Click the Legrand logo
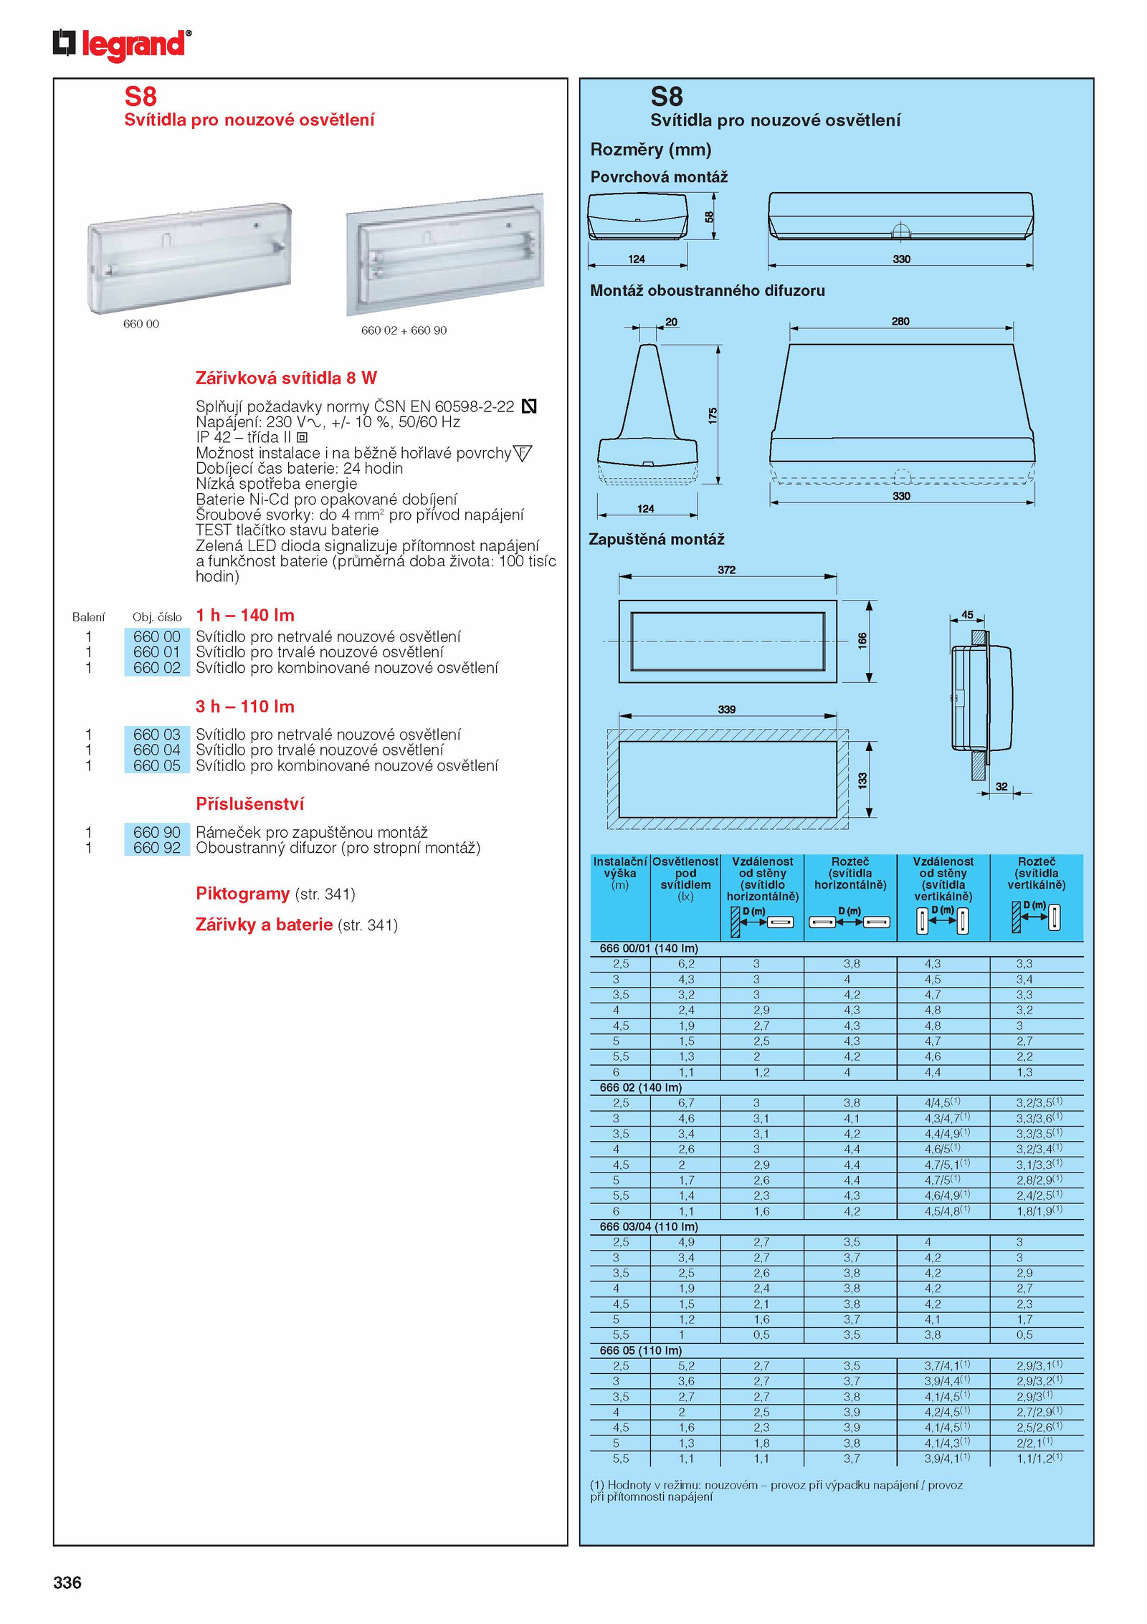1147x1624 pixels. click(x=122, y=44)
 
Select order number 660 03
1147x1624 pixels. click(x=156, y=735)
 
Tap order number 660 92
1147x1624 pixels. click(x=156, y=848)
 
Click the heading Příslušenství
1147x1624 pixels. click(x=249, y=804)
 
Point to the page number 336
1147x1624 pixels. click(x=67, y=1582)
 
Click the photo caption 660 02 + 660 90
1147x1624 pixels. click(x=404, y=330)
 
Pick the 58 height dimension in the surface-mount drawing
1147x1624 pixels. click(x=709, y=216)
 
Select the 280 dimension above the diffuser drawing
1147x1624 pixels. click(x=900, y=321)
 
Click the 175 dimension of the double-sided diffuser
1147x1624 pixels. click(x=713, y=415)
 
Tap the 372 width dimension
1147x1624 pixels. click(x=726, y=570)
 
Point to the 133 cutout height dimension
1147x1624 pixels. click(x=862, y=780)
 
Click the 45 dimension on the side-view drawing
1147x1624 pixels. click(x=967, y=614)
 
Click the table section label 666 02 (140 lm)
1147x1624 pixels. click(x=640, y=1087)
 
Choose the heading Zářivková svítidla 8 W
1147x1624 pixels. click(x=286, y=378)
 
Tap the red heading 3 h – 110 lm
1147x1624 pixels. click(x=245, y=707)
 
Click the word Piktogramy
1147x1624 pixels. click(x=242, y=894)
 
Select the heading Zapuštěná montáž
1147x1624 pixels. click(x=657, y=539)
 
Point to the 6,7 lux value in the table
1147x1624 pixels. click(x=685, y=1103)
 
